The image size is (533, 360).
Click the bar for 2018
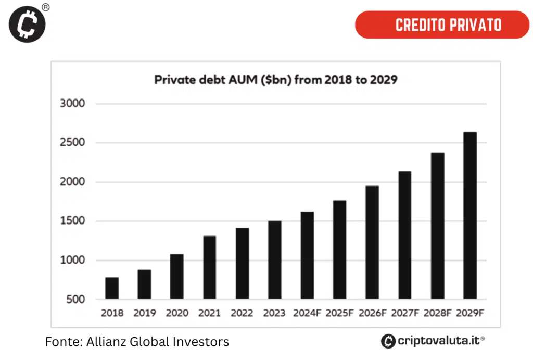click(112, 289)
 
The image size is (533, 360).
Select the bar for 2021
click(210, 268)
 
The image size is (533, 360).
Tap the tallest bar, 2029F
click(470, 216)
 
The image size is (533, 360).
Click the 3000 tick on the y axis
click(71, 103)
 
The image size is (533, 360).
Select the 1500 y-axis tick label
click(71, 221)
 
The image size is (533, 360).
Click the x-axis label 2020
click(177, 313)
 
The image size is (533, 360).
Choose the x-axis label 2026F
click(372, 313)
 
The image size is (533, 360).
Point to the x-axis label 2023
click(274, 313)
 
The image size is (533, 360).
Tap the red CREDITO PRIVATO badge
click(442, 24)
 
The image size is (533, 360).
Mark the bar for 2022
click(242, 264)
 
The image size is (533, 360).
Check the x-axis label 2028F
click(437, 313)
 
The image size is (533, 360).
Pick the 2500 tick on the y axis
click(71, 143)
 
